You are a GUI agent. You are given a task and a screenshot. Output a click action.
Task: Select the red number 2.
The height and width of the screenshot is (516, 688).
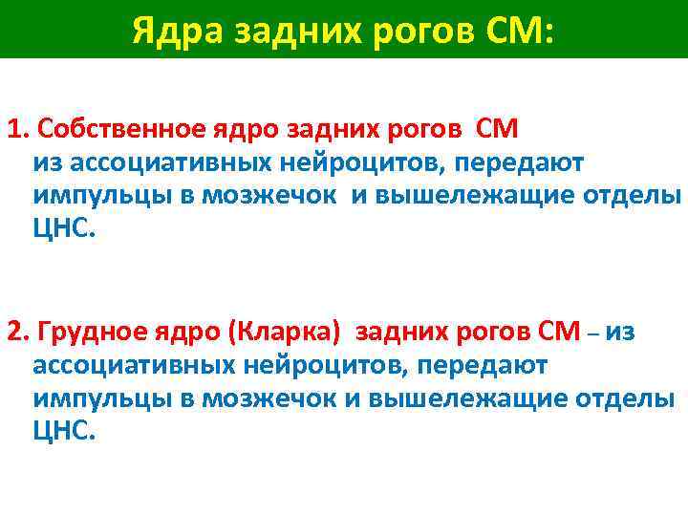[16, 331]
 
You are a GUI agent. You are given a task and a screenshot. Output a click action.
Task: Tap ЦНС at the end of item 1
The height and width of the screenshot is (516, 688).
[63, 230]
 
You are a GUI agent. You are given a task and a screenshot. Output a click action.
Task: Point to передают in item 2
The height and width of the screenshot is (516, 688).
[486, 365]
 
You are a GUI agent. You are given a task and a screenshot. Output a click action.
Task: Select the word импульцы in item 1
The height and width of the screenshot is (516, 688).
[86, 196]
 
